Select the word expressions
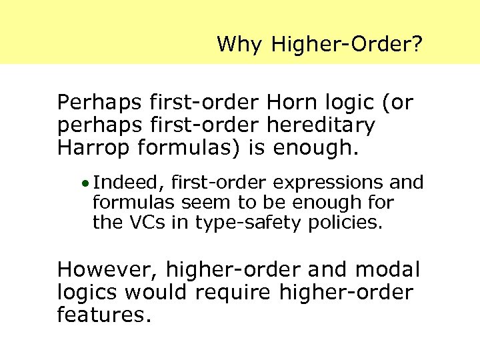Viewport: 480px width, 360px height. point(317,182)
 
